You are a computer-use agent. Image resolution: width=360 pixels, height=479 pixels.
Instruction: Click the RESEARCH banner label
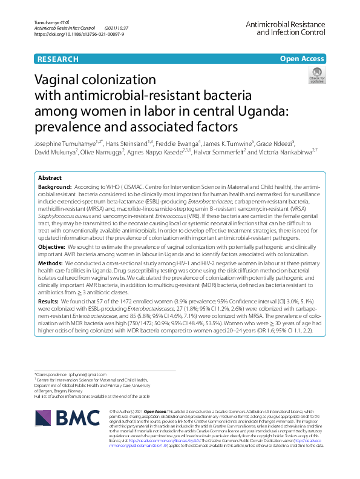click(x=58, y=59)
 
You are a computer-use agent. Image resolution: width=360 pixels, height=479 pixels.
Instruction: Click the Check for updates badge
click(x=317, y=76)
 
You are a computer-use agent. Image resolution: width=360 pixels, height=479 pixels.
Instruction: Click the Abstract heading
click(x=50, y=178)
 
